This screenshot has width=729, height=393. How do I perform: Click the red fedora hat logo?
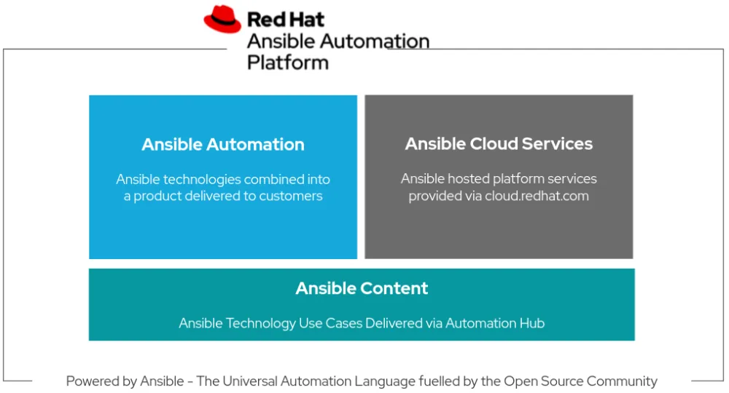click(222, 19)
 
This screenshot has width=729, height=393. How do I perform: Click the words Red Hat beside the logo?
click(285, 19)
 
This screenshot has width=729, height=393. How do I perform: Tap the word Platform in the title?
click(287, 63)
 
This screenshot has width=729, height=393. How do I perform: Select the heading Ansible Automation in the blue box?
click(223, 144)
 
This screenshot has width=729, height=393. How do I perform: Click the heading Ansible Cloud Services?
click(499, 144)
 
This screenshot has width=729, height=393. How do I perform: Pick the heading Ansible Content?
click(362, 288)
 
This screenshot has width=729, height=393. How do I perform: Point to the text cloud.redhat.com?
click(537, 196)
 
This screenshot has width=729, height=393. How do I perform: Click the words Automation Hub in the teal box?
click(495, 323)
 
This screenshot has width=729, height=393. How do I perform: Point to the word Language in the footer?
click(385, 381)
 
